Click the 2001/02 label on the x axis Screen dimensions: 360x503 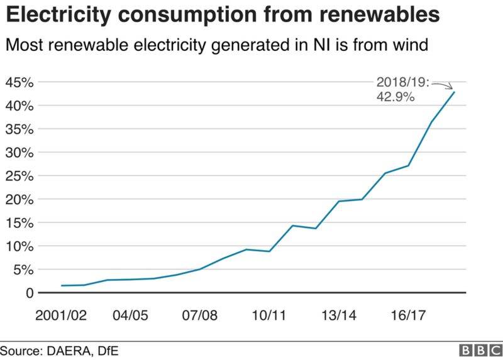coord(62,314)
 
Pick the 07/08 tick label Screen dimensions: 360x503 coord(200,314)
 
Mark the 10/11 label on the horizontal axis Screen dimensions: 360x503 coord(269,314)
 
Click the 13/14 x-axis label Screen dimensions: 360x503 coord(338,314)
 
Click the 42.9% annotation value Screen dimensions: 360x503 coord(395,97)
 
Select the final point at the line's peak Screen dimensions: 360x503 coord(454,92)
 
